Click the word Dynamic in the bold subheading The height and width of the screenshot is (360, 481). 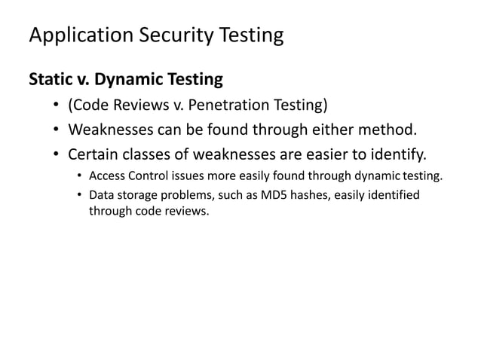coord(130,78)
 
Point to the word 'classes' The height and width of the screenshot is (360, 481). coord(157,156)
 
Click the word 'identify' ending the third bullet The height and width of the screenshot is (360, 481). coord(397,156)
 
